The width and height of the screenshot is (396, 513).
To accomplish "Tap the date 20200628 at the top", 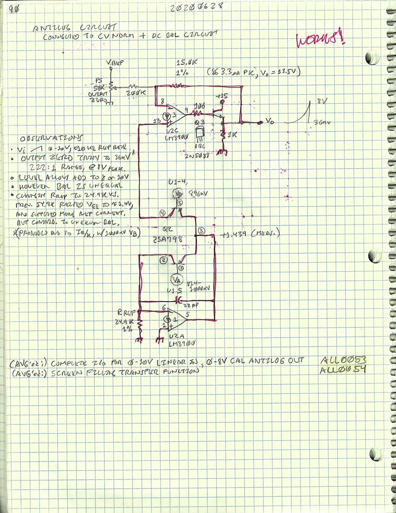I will click(x=196, y=6).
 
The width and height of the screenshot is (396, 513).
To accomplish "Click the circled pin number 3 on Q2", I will click(x=201, y=231).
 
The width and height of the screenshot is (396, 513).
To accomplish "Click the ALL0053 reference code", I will click(x=343, y=360).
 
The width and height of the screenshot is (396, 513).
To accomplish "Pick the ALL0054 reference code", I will click(x=343, y=370).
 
